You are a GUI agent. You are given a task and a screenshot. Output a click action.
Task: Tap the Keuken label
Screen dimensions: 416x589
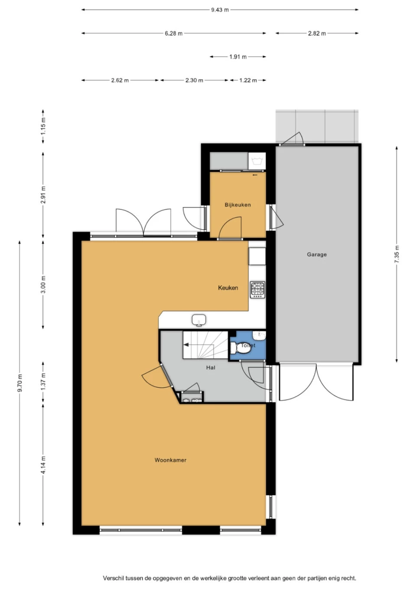point(228,288)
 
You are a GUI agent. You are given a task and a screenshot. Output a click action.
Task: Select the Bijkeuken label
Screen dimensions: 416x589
point(237,205)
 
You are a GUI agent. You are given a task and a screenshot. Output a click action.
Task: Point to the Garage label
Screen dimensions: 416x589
point(317,254)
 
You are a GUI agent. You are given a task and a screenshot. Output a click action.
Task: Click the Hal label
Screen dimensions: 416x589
point(211,367)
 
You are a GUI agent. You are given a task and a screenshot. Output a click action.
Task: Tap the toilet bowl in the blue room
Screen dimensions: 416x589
point(238,347)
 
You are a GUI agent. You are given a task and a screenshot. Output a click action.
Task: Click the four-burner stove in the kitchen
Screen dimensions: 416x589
point(258,290)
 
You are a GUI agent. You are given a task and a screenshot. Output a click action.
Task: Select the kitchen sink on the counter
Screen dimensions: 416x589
point(199,320)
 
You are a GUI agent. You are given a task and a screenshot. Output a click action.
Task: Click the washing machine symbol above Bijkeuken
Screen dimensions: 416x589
point(257,161)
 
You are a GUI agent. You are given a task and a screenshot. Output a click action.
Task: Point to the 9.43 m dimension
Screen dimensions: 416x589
point(220,10)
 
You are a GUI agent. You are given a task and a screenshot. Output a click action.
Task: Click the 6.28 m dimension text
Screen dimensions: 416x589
point(174,33)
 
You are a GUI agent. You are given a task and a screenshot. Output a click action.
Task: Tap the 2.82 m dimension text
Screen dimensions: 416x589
point(317,33)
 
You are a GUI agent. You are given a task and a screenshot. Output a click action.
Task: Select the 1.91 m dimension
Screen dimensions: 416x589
point(238,57)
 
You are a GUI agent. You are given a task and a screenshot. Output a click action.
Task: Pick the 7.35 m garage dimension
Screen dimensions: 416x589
point(397,254)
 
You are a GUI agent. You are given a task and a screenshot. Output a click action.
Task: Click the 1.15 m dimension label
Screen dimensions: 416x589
point(43,126)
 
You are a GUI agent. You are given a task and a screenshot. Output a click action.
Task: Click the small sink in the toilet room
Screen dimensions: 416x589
point(259,335)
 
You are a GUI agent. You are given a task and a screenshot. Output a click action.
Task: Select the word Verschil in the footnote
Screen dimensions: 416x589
point(113,578)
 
